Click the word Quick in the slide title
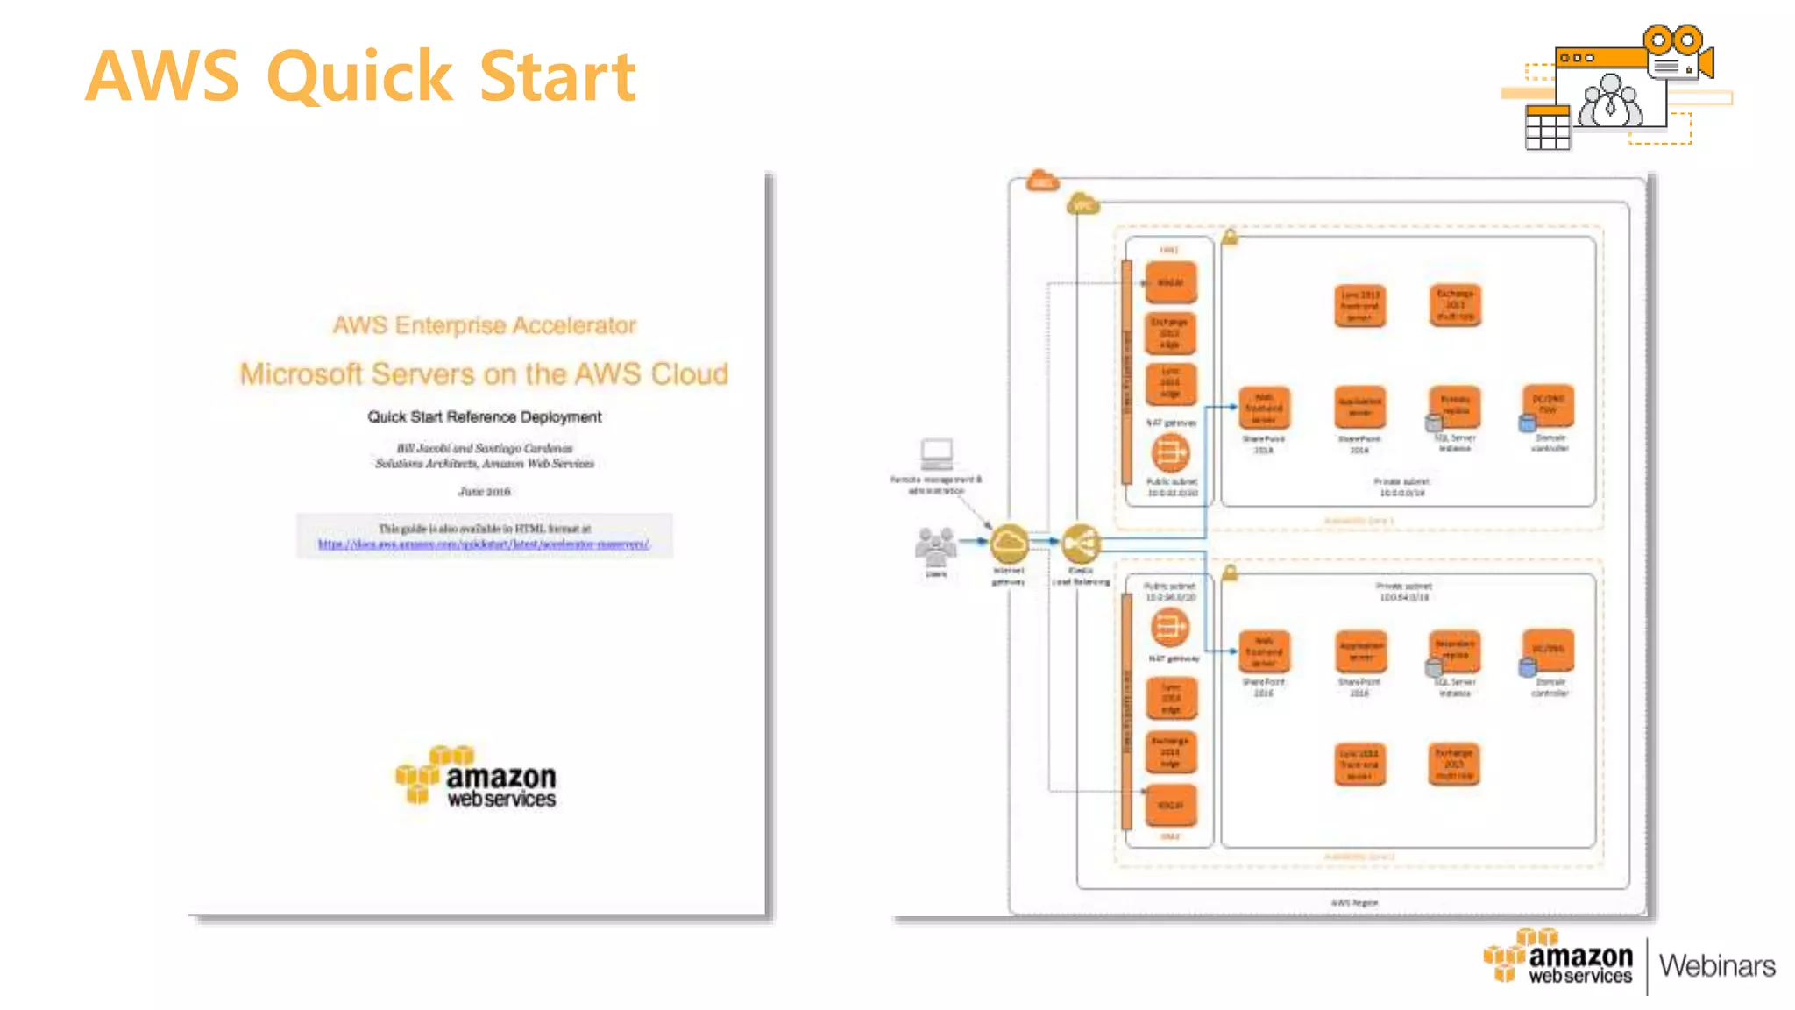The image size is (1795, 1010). pos(359,77)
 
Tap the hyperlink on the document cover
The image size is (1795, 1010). pos(484,544)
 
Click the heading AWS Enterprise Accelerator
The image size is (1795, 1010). pos(484,325)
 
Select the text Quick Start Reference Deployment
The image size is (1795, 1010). pos(484,416)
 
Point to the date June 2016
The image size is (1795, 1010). pos(484,491)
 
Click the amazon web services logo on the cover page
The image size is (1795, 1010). pos(476,777)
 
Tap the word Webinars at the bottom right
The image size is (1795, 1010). pos(1716,965)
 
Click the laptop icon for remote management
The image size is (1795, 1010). pos(936,454)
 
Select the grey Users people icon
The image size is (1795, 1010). pos(936,547)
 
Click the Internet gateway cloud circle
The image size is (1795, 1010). pos(1009,544)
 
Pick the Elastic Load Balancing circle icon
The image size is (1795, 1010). pos(1081,544)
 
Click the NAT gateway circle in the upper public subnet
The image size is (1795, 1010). pos(1170,452)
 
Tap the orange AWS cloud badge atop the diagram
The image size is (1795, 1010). pos(1041,181)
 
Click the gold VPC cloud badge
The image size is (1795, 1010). pos(1082,204)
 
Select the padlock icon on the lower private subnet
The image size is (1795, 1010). pos(1230,573)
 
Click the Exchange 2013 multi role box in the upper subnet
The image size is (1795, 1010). pos(1455,305)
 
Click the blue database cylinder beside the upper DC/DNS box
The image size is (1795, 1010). pos(1527,423)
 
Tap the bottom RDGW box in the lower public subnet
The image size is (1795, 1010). pos(1170,805)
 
